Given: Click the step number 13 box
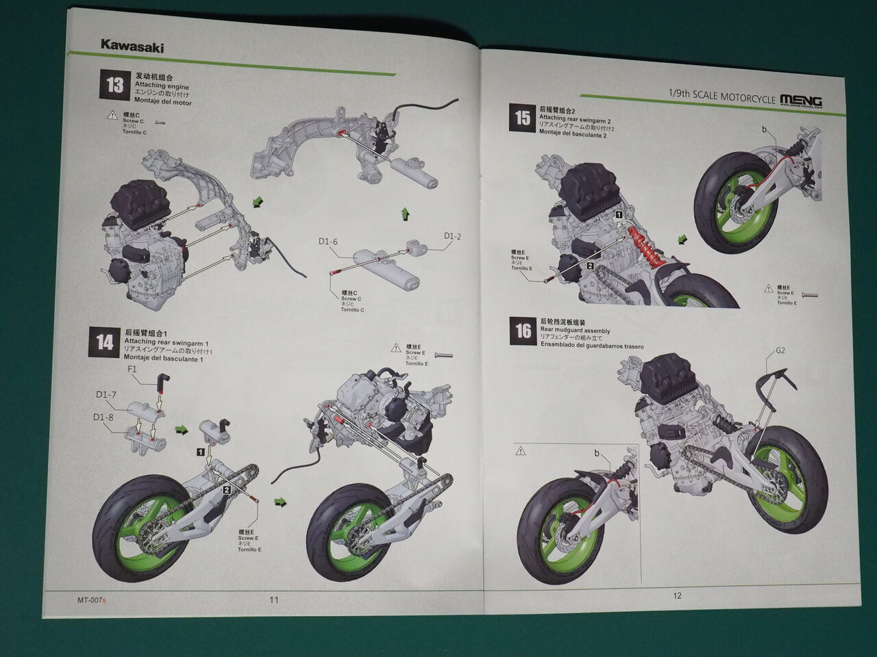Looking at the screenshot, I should tap(114, 86).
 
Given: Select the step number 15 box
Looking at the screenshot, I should tap(522, 118).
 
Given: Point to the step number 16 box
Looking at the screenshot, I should tap(523, 331).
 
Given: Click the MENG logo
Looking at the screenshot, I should tap(801, 100).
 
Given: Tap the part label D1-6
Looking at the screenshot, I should tap(328, 242).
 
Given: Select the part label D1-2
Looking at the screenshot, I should tap(452, 237).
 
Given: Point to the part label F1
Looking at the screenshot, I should tap(134, 369).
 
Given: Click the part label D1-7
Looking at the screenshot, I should tap(106, 395).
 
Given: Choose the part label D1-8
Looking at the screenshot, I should tap(103, 416).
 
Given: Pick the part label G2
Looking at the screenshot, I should tap(780, 351).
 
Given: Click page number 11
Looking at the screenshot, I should tap(273, 600).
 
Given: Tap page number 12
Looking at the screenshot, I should tap(677, 595).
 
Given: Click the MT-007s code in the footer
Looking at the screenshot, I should tap(92, 600).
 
